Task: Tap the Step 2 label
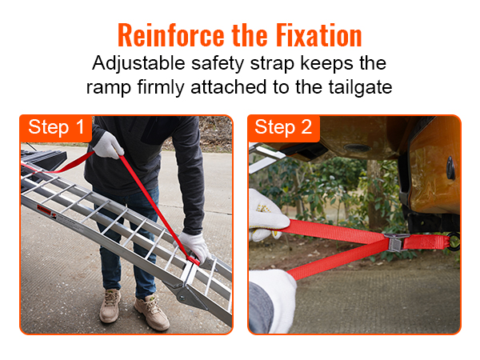(284, 127)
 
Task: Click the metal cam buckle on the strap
(395, 241)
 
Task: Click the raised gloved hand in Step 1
(107, 145)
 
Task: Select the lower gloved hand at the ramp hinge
(194, 248)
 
